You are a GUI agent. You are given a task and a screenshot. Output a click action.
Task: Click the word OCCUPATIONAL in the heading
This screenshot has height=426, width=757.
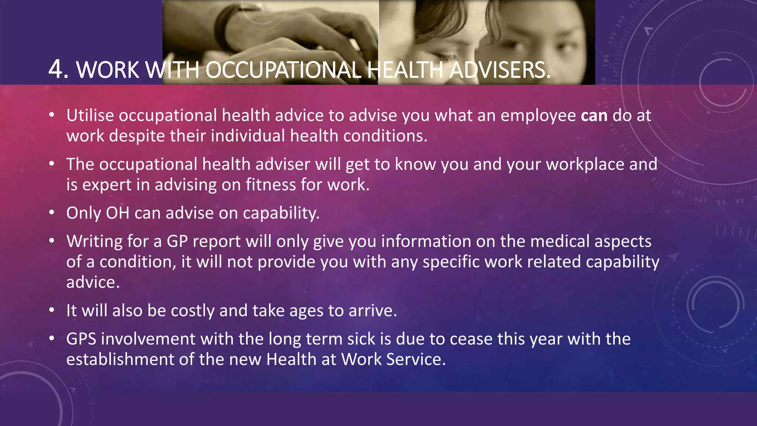(x=283, y=70)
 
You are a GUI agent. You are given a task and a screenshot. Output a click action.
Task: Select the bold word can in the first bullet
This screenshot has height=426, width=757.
(x=594, y=116)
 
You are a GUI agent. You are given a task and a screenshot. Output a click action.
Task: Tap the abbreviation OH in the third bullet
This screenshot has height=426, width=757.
(x=118, y=213)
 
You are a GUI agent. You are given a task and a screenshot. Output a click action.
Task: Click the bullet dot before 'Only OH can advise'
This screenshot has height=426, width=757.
(x=52, y=213)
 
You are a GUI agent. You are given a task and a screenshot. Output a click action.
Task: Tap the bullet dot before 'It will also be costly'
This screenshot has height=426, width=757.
(x=52, y=310)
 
